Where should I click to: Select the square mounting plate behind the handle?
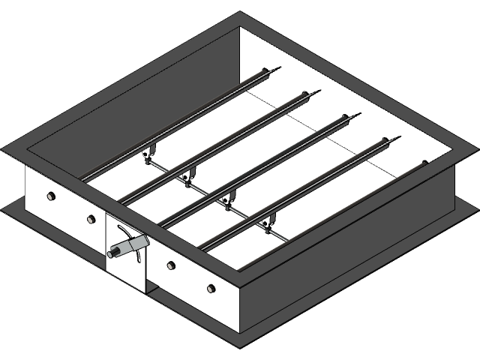(x=125, y=259)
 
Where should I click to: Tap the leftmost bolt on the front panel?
(x=51, y=196)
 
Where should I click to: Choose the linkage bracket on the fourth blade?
(x=266, y=221)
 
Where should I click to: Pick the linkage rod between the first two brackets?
(x=166, y=166)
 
